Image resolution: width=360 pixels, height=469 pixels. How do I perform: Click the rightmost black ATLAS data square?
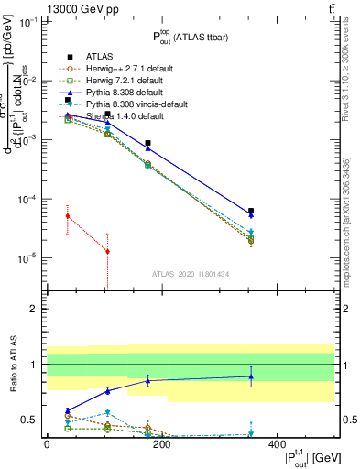251,211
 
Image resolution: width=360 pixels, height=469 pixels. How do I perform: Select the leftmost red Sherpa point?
67,216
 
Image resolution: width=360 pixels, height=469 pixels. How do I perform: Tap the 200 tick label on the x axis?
161,443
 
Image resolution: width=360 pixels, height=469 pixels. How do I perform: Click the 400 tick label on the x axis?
276,443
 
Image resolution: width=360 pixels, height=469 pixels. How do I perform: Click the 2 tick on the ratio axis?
37,309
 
